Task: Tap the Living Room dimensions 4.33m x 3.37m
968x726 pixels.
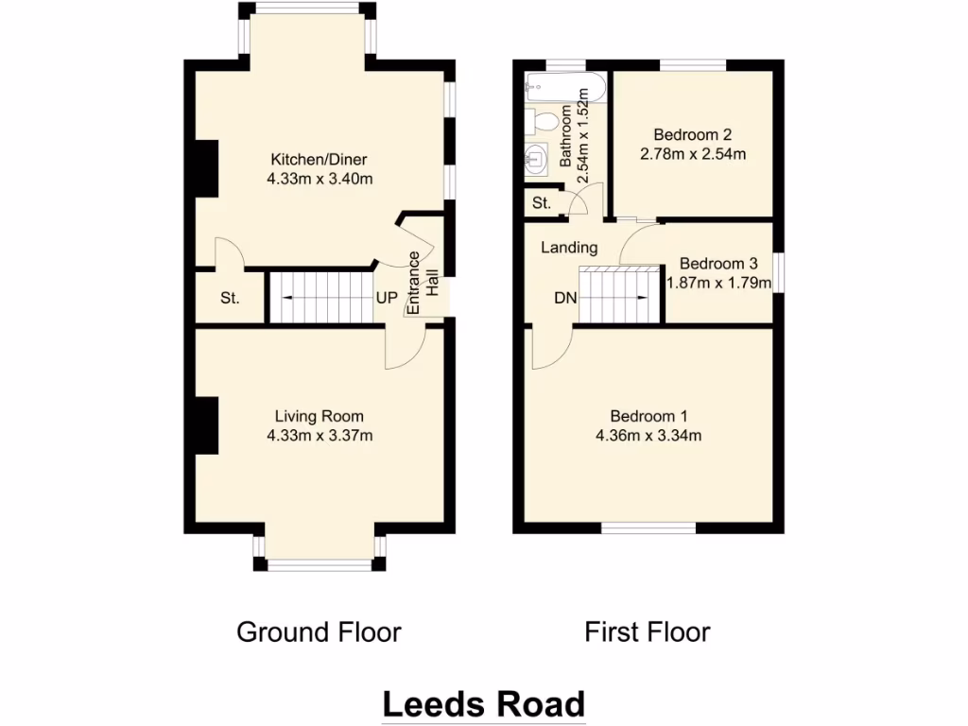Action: pyautogui.click(x=319, y=436)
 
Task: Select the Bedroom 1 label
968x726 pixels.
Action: pyautogui.click(x=648, y=416)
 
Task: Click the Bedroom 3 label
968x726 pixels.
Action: pyautogui.click(x=718, y=264)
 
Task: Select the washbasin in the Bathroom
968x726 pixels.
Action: pyautogui.click(x=535, y=159)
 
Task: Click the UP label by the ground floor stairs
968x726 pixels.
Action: pyautogui.click(x=388, y=298)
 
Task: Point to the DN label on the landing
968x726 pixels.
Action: pyautogui.click(x=565, y=299)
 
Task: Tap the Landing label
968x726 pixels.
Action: pyautogui.click(x=569, y=248)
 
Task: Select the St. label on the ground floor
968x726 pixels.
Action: pyautogui.click(x=230, y=299)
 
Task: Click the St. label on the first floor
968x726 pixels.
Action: pyautogui.click(x=542, y=203)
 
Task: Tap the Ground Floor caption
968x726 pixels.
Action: pyautogui.click(x=319, y=631)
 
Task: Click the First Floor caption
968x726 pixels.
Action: pyautogui.click(x=647, y=631)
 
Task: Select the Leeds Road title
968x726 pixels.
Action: pyautogui.click(x=483, y=704)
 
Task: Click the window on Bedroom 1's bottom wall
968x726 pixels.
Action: pyautogui.click(x=648, y=529)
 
